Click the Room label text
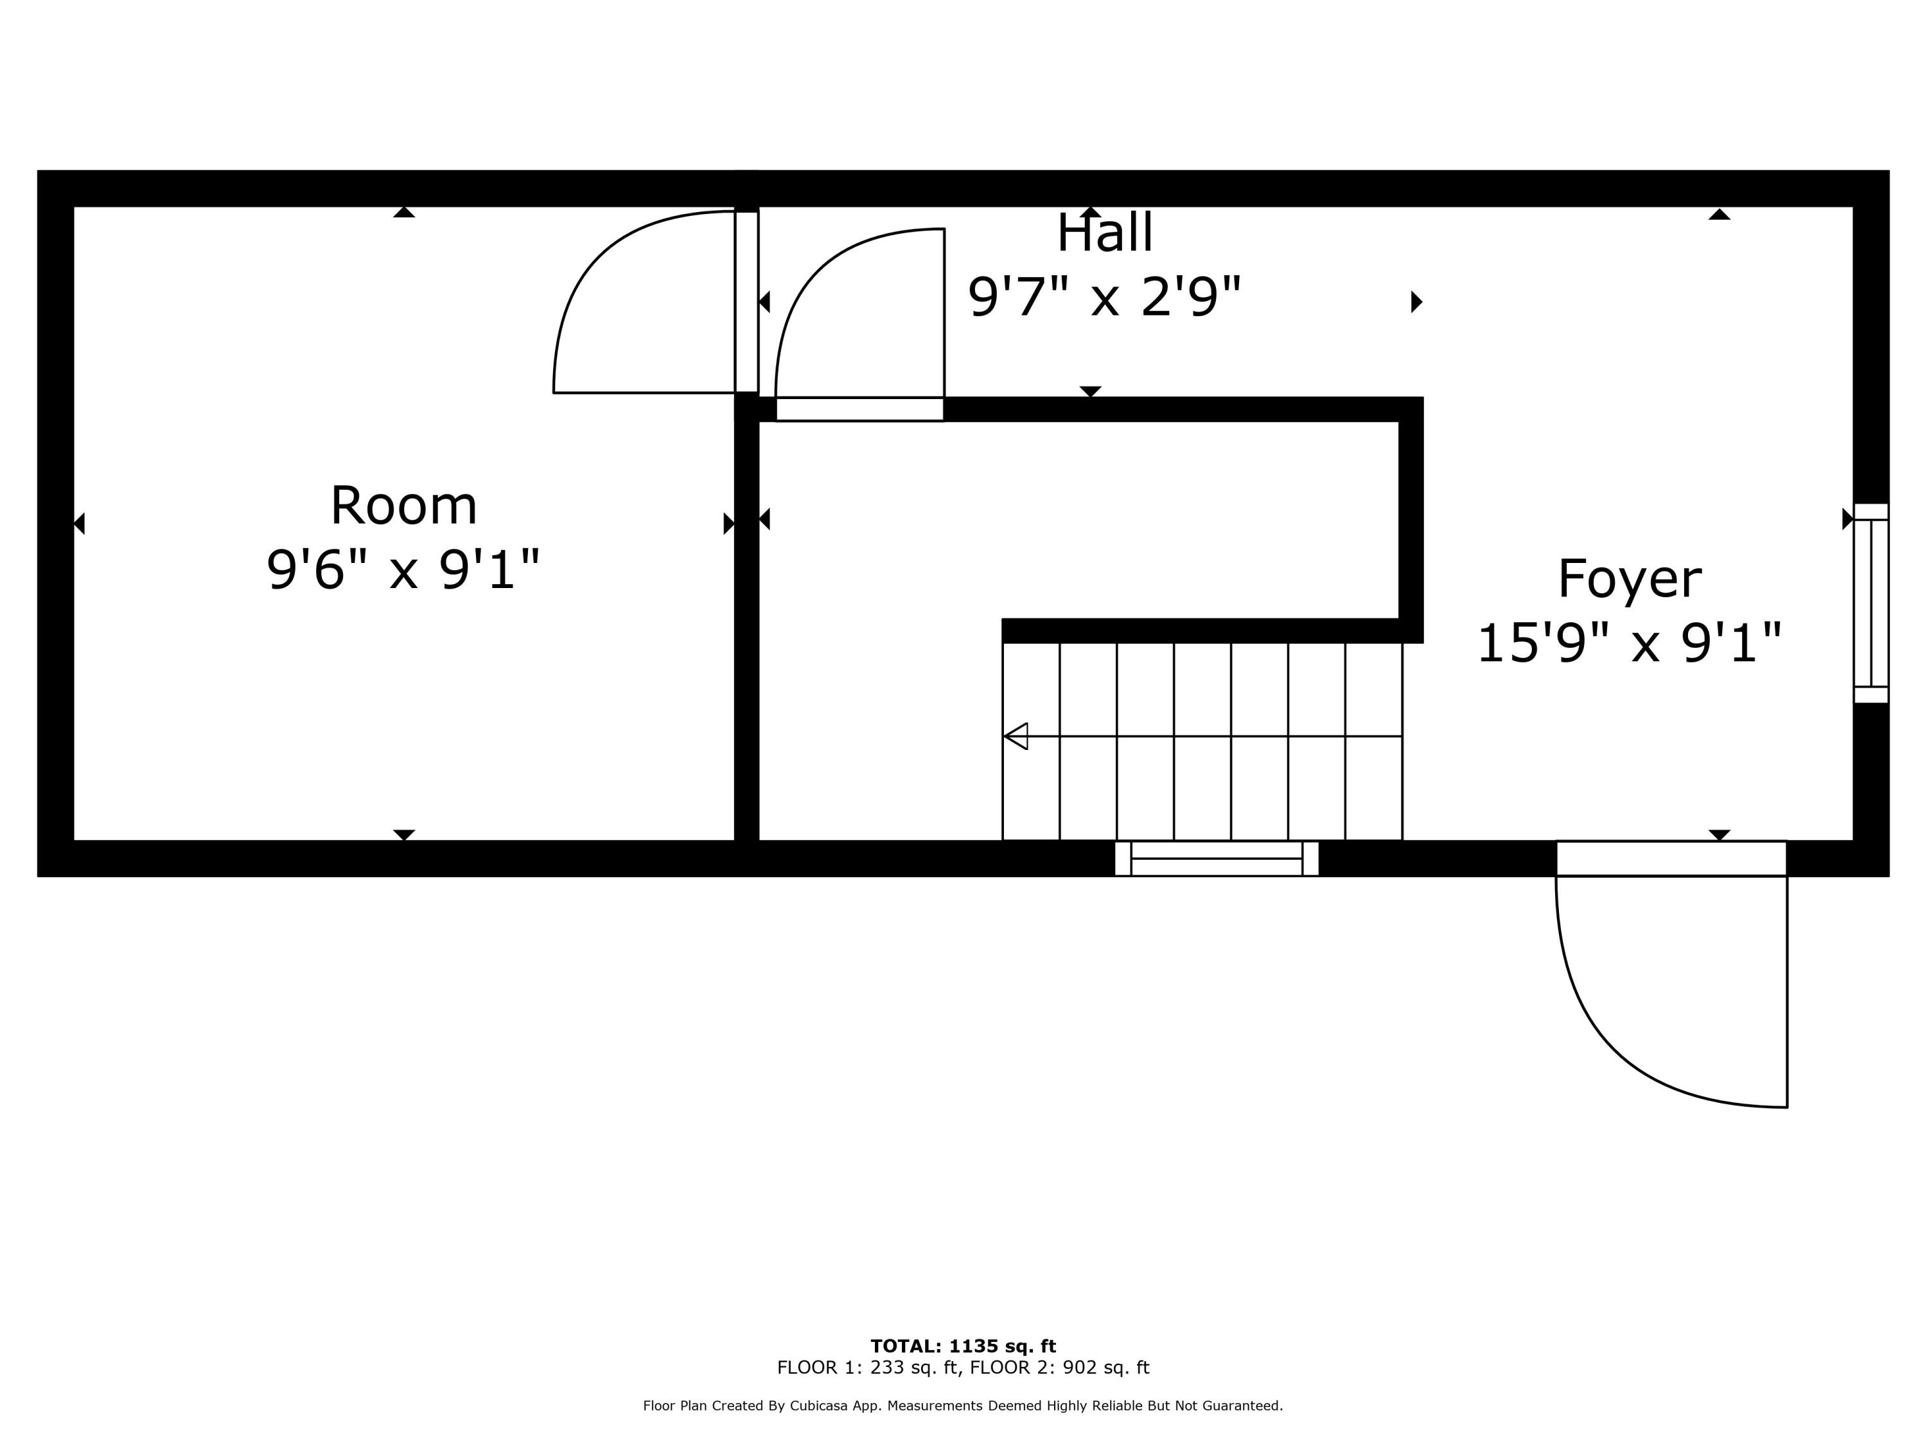click(x=403, y=506)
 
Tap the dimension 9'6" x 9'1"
click(x=403, y=570)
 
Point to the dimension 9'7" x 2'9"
click(x=1105, y=296)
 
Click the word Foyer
click(x=1629, y=579)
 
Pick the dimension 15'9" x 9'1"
click(x=1629, y=644)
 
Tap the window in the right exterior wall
click(x=1870, y=603)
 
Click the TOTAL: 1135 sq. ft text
click(x=963, y=1346)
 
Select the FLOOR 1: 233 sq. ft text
click(x=868, y=1368)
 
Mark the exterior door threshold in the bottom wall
click(x=1672, y=859)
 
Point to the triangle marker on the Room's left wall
click(x=79, y=524)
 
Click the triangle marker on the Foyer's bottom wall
click(x=1720, y=835)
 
